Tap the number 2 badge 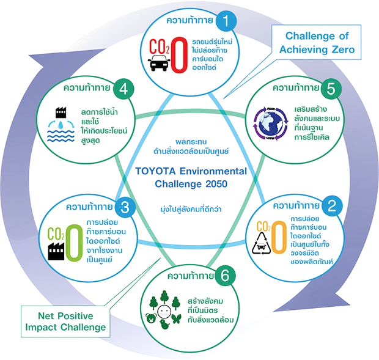point(331,205)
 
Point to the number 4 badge point(123,89)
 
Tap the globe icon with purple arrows point(269,122)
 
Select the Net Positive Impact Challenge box point(63,321)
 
